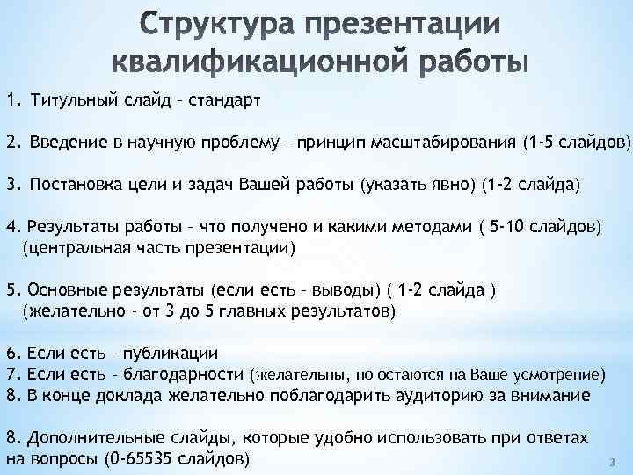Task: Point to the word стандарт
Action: (223, 98)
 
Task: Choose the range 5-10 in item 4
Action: (512, 228)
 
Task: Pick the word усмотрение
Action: (557, 375)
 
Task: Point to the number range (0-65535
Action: (141, 459)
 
